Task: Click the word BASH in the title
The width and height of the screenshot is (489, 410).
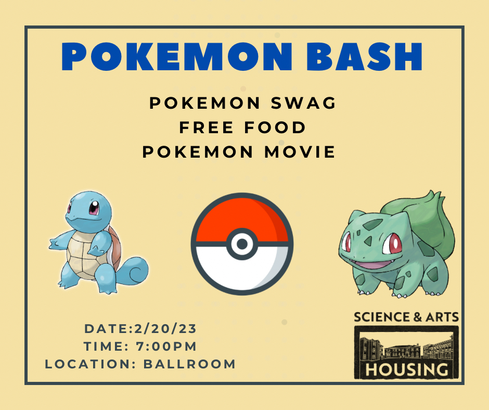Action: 364,57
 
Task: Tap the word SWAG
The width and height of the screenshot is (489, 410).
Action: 303,103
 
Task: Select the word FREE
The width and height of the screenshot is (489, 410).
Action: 206,127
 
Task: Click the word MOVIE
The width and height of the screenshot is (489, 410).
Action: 300,152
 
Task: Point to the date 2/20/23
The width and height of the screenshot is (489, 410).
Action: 165,328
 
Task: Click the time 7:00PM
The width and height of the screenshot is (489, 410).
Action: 166,347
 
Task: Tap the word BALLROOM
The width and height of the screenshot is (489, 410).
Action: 189,364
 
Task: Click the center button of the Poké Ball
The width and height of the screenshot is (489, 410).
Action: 242,244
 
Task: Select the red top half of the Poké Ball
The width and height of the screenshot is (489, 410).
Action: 242,215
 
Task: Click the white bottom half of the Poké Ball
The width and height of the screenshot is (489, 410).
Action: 242,272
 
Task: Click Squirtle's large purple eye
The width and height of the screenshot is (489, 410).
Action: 94,208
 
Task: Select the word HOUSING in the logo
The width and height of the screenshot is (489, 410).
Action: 406,369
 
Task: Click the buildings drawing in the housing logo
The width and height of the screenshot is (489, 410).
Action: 406,347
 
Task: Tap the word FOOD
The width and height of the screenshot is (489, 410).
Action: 275,127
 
